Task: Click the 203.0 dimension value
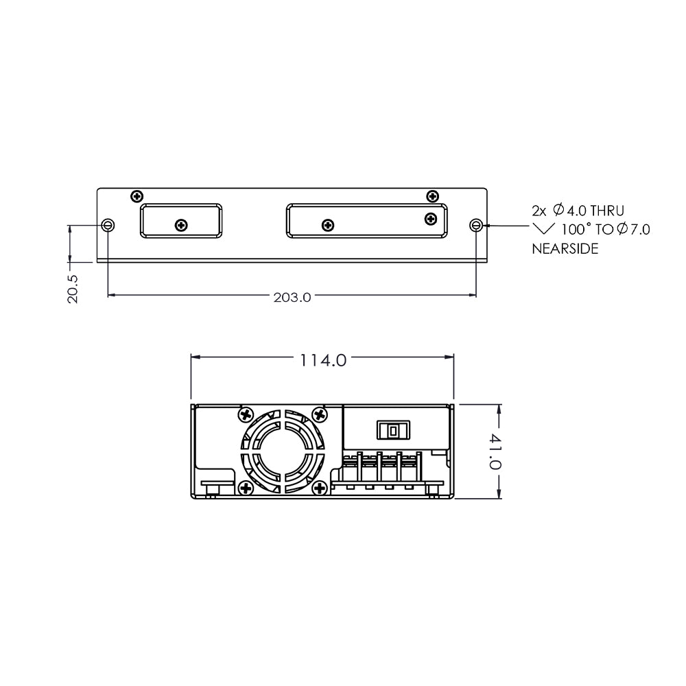[x=292, y=298]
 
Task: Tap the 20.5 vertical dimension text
[x=73, y=289]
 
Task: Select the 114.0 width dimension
[x=323, y=361]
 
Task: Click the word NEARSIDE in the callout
[x=565, y=249]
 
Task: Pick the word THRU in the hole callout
[x=607, y=211]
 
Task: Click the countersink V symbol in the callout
[x=543, y=229]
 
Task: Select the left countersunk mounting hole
[x=108, y=225]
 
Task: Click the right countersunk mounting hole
[x=476, y=225]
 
